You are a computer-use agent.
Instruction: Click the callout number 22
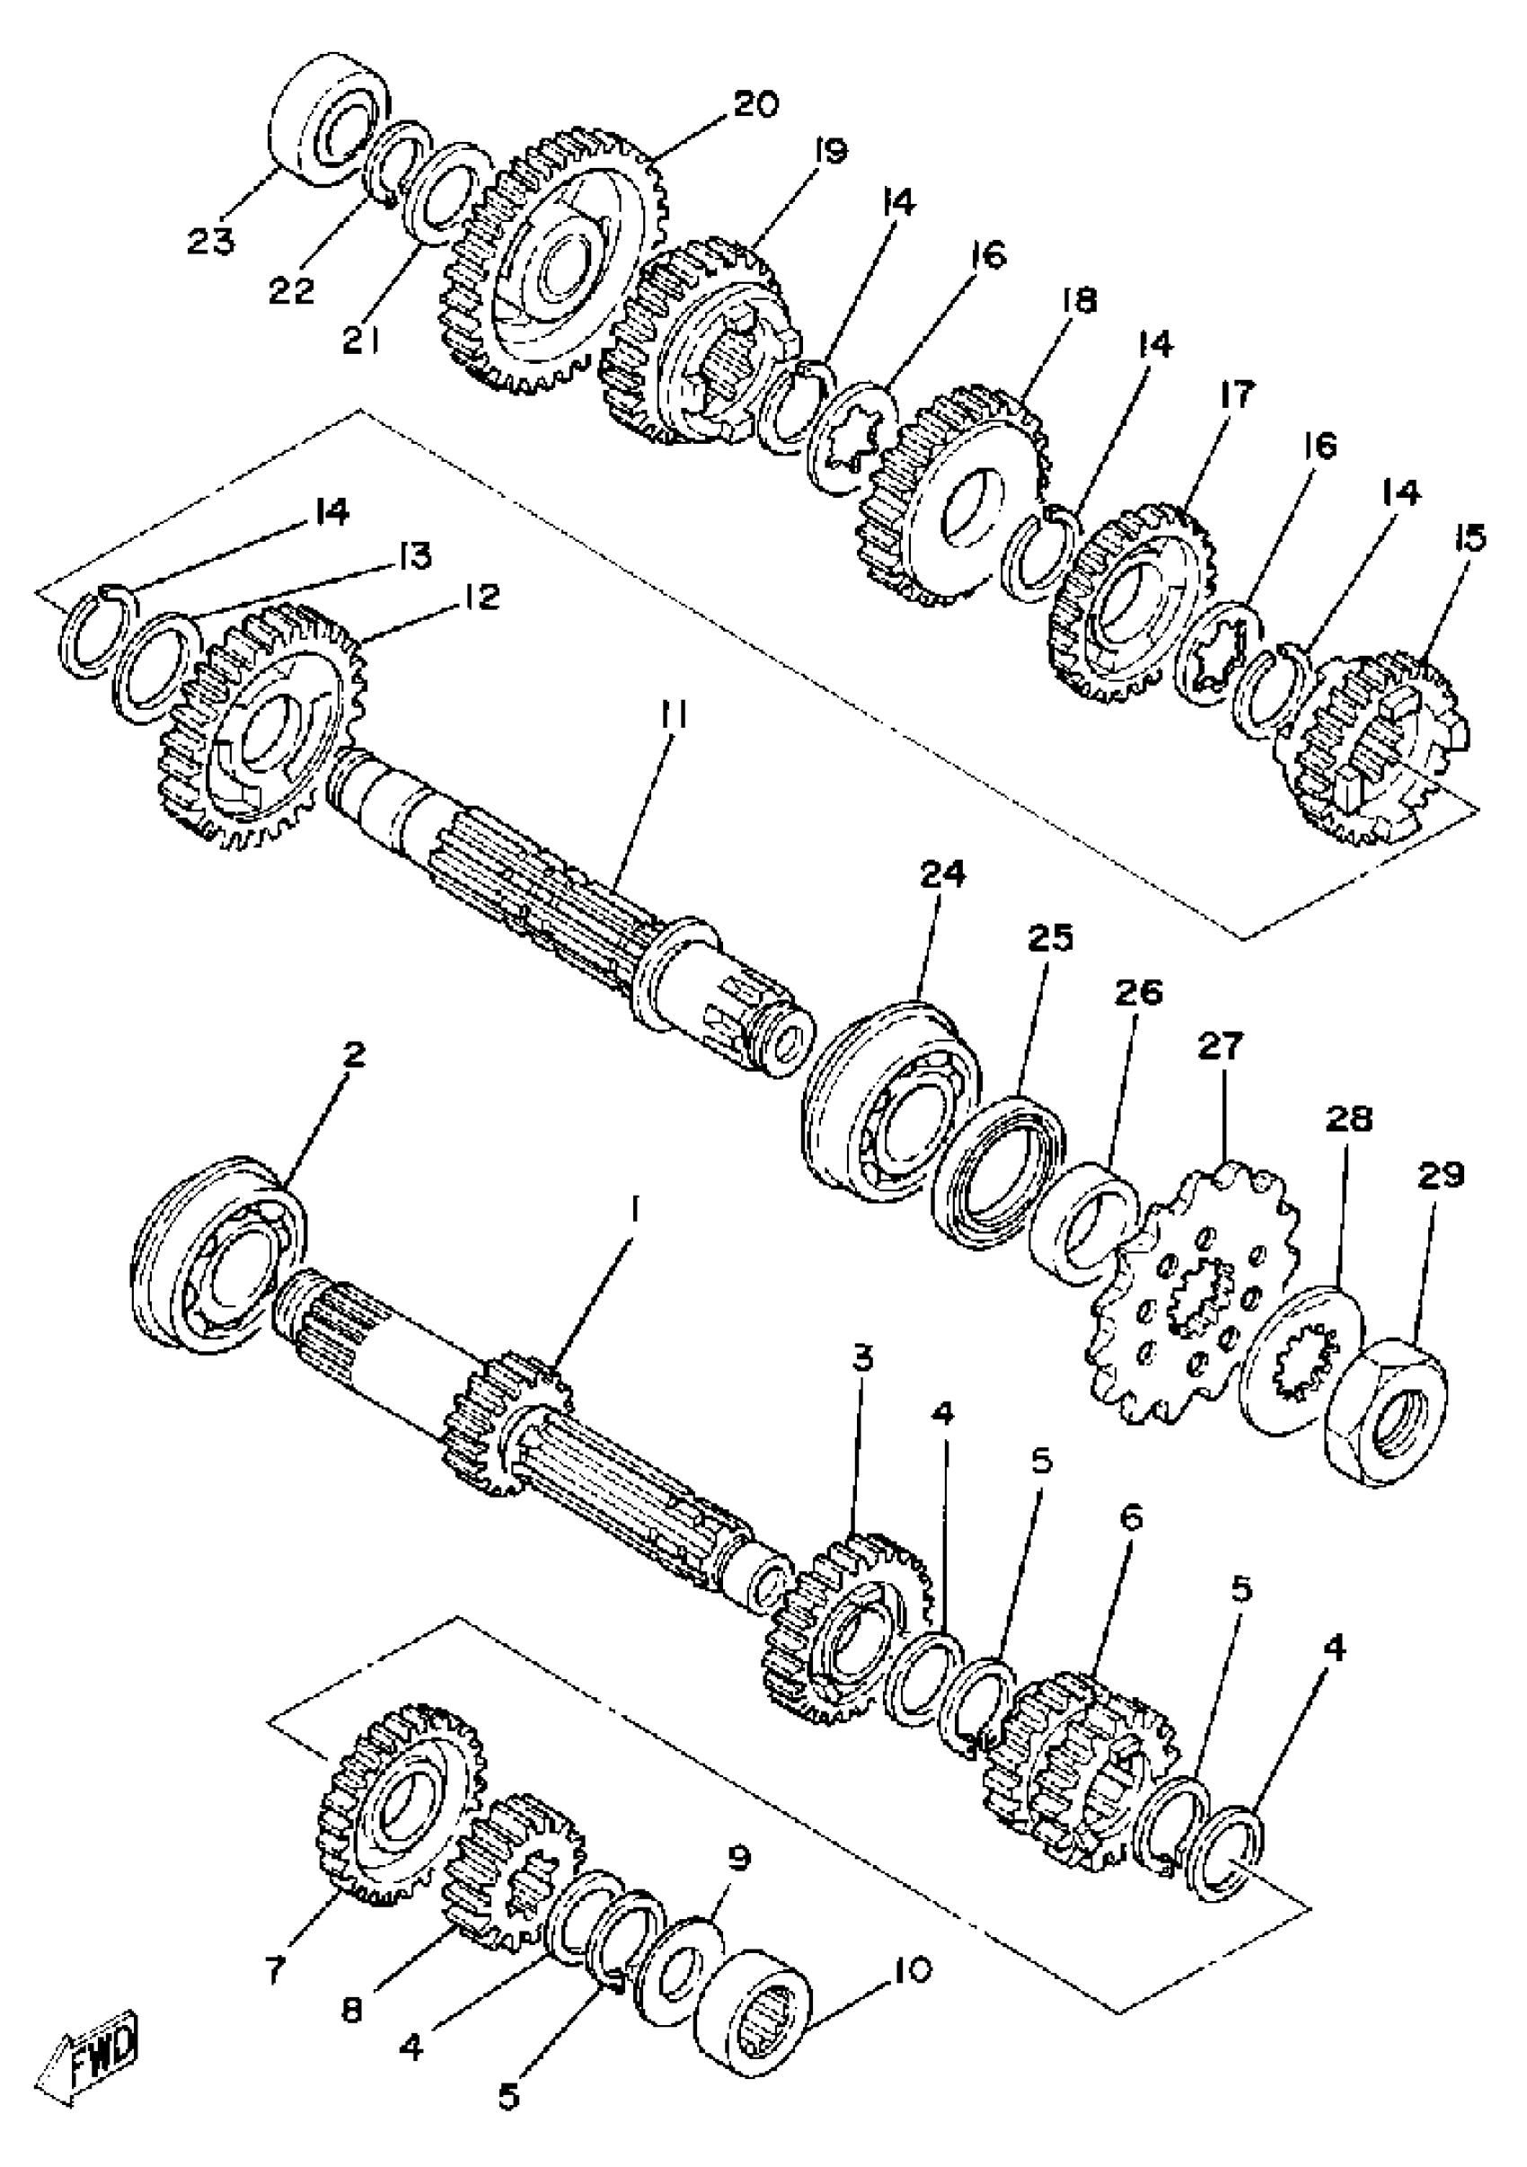[292, 291]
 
